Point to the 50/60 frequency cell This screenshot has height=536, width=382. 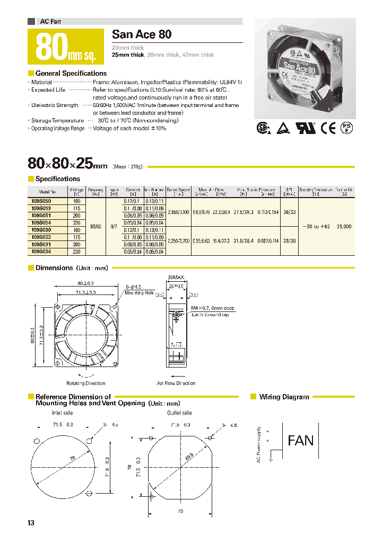[96, 226]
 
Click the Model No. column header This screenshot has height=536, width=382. [47, 191]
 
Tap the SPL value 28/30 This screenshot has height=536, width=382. [289, 240]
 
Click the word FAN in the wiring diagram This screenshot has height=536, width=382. [300, 440]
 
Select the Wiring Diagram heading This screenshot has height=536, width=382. [283, 397]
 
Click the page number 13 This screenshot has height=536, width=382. [31, 523]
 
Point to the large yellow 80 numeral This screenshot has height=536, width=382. [52, 47]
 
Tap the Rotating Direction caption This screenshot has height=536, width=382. [85, 383]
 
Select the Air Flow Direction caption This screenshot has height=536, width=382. [176, 383]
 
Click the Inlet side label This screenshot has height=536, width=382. [62, 413]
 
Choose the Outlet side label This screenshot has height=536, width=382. [179, 413]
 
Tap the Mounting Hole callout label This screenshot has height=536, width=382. [139, 293]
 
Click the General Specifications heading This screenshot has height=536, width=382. [71, 74]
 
